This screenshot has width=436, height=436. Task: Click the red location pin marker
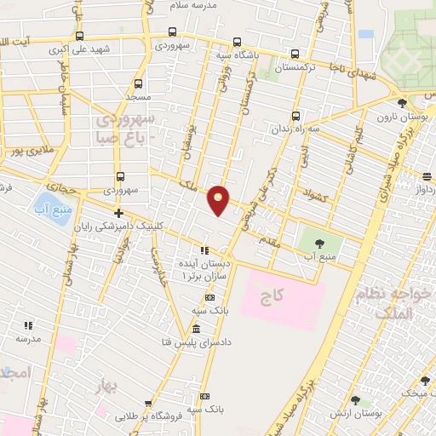tap(219, 199)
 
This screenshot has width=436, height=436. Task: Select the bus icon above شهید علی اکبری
tap(79, 37)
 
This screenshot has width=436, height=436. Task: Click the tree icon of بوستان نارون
tap(402, 102)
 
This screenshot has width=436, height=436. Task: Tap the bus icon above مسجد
tap(141, 83)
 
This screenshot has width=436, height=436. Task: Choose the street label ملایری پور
tap(26, 152)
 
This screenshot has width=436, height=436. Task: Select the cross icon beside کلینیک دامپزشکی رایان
tap(118, 213)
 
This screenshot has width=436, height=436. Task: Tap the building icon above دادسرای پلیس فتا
tap(197, 330)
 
